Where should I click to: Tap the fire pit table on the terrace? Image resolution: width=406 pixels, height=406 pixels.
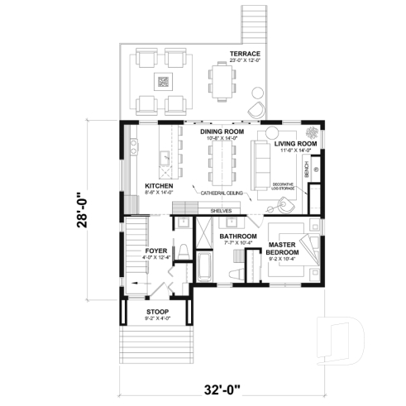(x=163, y=81)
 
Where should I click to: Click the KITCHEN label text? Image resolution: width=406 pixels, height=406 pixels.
(x=158, y=187)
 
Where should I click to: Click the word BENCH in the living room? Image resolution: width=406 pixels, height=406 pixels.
(x=307, y=170)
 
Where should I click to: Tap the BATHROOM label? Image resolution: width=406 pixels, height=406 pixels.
(x=238, y=236)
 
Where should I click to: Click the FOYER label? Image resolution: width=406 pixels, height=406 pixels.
(x=157, y=250)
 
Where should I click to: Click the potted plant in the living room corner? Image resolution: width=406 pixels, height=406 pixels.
(x=312, y=132)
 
